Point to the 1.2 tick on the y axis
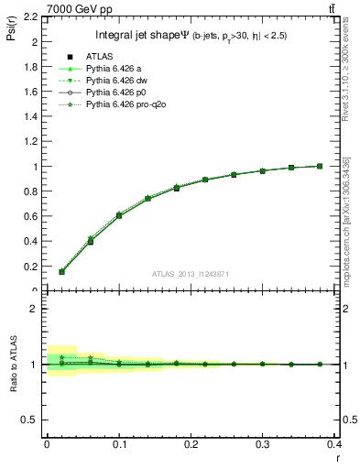33,142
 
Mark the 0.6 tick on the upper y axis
33,217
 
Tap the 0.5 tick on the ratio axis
33,420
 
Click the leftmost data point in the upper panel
61,271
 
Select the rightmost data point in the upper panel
320,166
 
